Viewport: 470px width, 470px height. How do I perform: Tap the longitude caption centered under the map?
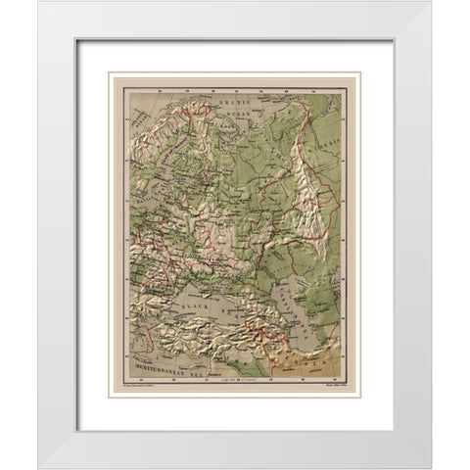pos(234,383)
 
